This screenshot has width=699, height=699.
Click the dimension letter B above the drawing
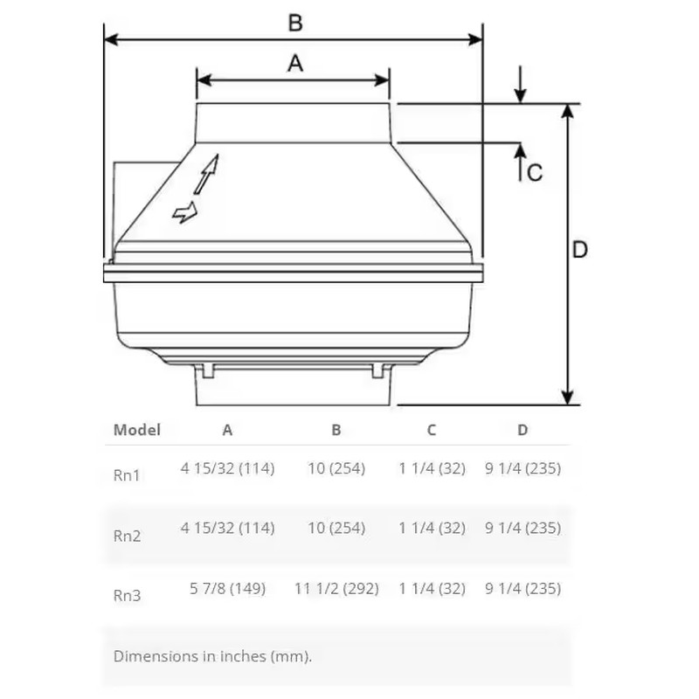coord(295,23)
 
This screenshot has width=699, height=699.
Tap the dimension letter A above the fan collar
coord(295,63)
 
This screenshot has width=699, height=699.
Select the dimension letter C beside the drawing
coord(535,172)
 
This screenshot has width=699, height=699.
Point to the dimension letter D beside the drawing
coord(579,250)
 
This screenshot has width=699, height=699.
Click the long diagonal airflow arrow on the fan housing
coord(205,175)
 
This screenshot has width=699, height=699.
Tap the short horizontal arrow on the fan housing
coord(185,212)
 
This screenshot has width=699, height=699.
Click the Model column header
coord(137,430)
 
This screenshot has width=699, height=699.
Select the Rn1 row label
coord(127,475)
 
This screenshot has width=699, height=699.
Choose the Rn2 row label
coord(127,536)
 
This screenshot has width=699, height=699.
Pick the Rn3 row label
coord(127,596)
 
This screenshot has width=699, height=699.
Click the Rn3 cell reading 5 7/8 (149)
coord(227,588)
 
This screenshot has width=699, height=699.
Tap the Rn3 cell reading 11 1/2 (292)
coord(336,588)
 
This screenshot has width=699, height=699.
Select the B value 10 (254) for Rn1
coord(336,468)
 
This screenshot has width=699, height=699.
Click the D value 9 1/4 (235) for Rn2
coord(523,528)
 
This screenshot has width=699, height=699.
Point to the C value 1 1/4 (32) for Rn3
coord(432,588)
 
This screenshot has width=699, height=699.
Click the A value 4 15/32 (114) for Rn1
coord(227,468)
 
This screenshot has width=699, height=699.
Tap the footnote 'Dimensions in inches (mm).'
coord(212,656)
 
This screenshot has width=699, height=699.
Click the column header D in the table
coord(523,430)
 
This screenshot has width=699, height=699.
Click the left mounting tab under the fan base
coord(208,370)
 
